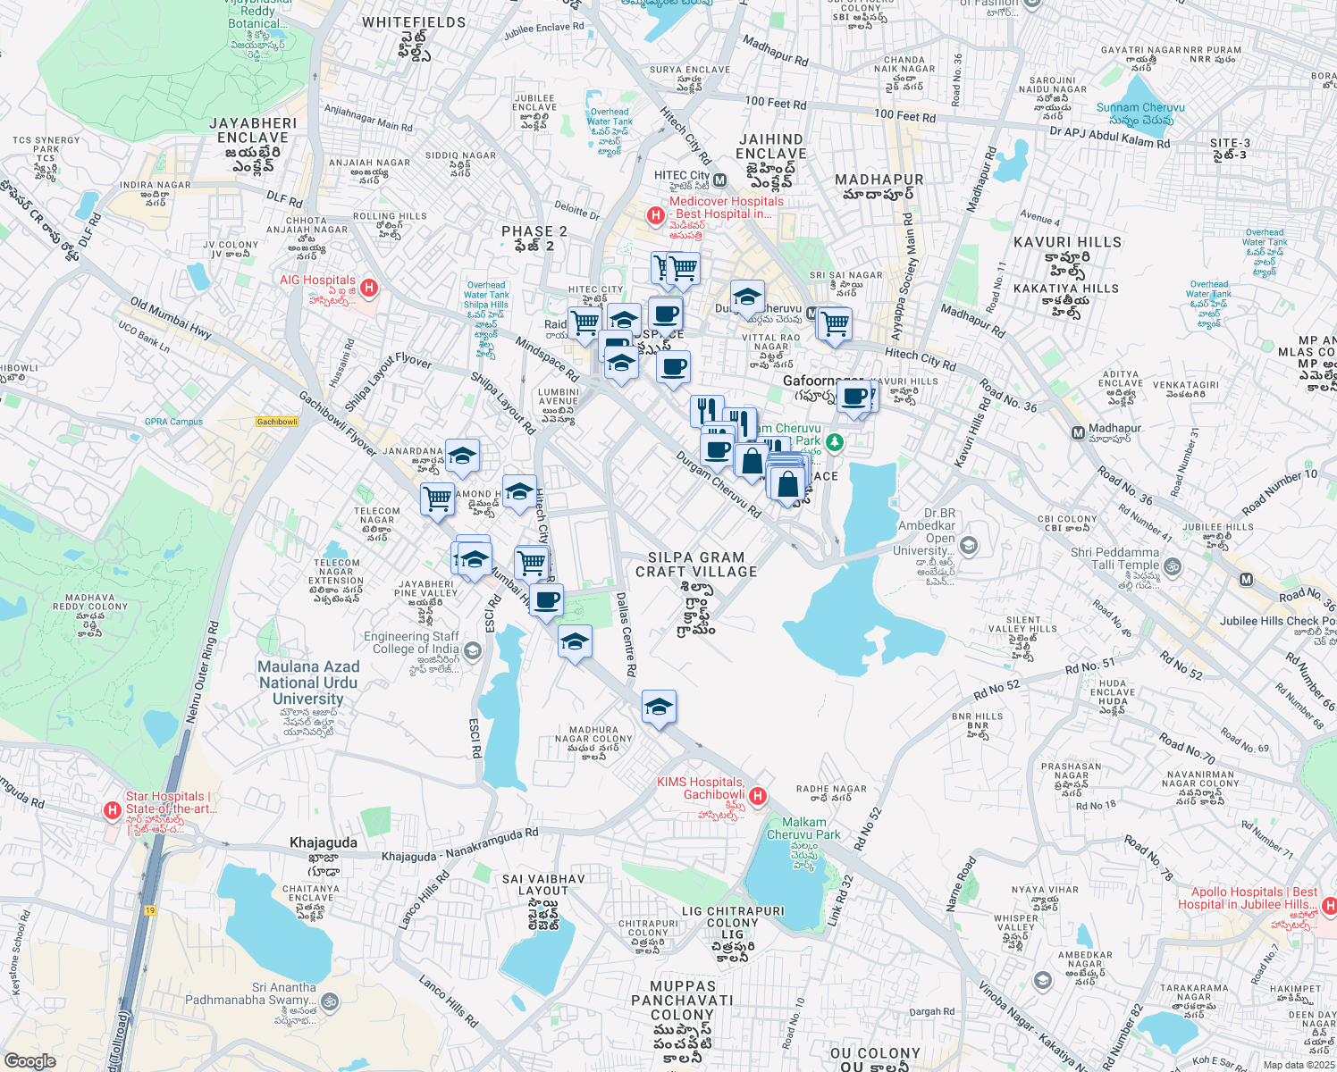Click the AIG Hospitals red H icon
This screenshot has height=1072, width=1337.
(x=368, y=288)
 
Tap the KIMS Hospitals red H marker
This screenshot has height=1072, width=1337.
(x=758, y=796)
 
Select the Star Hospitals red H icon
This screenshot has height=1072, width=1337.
(x=113, y=810)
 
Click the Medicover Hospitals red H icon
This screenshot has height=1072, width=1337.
(x=656, y=215)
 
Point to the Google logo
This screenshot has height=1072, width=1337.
(x=29, y=1060)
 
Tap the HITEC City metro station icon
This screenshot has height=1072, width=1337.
(x=720, y=181)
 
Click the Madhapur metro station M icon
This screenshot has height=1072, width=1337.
(x=1078, y=433)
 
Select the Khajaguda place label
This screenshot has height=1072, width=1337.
(x=324, y=842)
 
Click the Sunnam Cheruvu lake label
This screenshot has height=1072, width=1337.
(x=1140, y=107)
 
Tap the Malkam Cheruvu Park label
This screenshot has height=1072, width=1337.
(x=803, y=828)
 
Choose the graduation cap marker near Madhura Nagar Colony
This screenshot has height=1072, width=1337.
(x=659, y=708)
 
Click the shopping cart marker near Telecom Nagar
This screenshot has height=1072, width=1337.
(x=437, y=498)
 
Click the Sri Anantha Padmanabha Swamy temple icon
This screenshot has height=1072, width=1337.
(x=330, y=1001)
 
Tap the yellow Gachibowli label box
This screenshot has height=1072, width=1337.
(x=277, y=422)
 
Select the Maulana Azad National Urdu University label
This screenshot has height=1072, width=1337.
(x=308, y=683)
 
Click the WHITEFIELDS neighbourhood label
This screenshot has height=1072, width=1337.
(x=414, y=22)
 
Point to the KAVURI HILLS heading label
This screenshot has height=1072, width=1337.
(x=1067, y=242)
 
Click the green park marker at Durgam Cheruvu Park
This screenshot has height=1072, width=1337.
(x=834, y=441)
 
